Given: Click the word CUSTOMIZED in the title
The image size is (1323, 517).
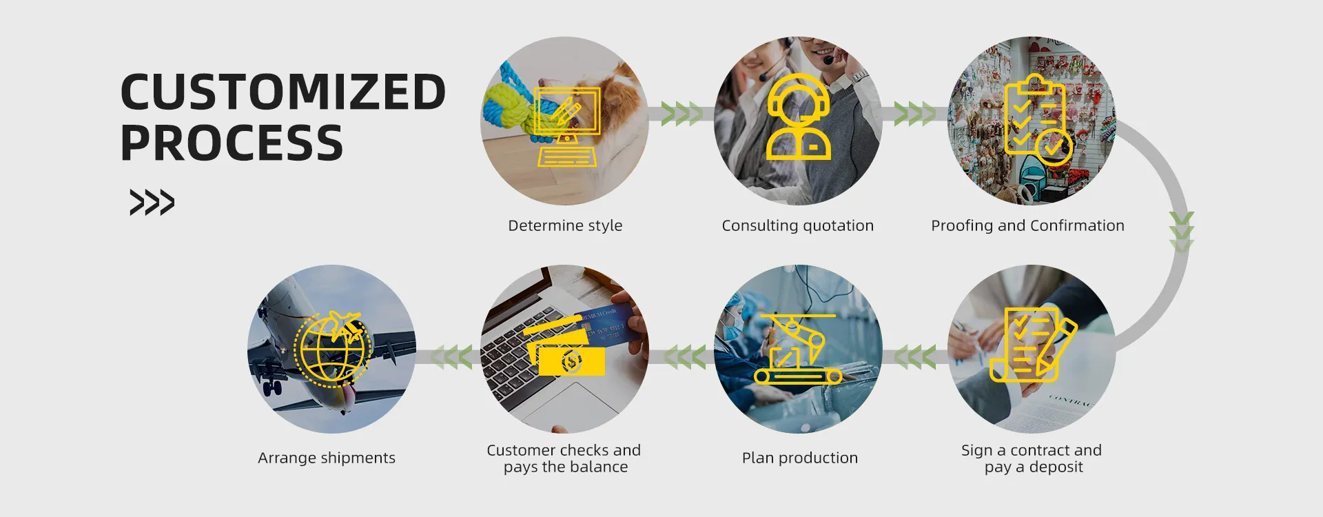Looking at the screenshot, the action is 283,92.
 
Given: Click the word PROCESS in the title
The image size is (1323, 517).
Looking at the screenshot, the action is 232,143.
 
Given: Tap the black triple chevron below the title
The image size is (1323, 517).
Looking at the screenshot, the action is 152,202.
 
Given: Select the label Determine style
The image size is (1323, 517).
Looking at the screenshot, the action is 565,225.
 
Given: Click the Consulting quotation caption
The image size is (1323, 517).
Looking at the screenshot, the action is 798,225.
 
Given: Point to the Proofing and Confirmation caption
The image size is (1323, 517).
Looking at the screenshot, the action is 1027,225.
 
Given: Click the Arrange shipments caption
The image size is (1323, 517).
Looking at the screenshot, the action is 327,458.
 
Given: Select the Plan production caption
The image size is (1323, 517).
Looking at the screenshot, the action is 800,458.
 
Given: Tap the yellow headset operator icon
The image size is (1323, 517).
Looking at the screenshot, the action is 799,117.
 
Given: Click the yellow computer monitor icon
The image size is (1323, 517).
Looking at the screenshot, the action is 567,126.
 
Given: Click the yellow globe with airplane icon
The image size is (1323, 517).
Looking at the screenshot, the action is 332,349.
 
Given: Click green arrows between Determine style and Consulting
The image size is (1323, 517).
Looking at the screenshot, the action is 681,114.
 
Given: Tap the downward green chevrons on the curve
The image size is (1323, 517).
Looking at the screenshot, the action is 1182,232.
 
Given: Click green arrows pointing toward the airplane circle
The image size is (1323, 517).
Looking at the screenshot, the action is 451,357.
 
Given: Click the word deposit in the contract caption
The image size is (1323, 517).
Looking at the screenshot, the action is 1056,467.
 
